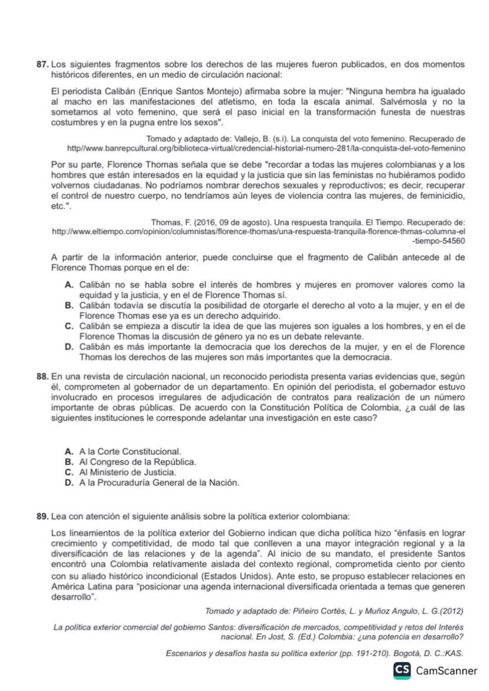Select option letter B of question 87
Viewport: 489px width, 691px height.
coord(69,305)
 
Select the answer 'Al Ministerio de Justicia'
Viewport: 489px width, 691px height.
coord(128,472)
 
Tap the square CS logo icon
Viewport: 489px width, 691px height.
coord(403,670)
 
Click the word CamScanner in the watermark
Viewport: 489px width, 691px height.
coord(446,670)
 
